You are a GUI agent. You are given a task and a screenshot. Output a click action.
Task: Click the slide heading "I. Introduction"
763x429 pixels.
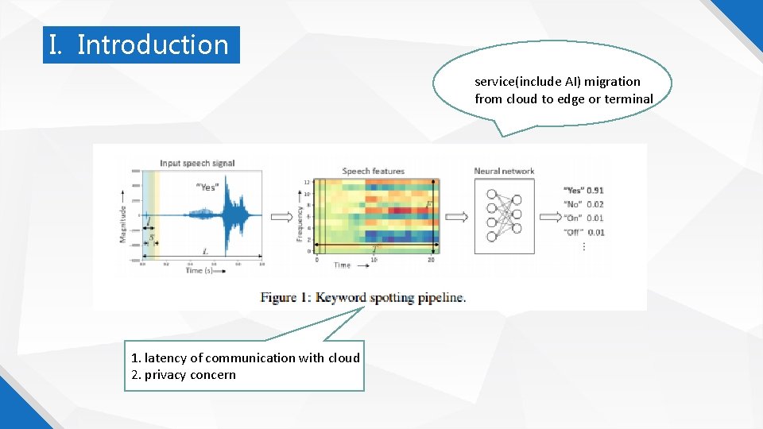[x=141, y=44]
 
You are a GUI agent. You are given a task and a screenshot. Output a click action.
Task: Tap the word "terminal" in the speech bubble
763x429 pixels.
[x=628, y=99]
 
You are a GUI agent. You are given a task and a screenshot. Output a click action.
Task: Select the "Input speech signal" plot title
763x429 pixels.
[x=197, y=163]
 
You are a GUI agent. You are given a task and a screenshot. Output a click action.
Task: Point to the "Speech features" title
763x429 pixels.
[x=373, y=171]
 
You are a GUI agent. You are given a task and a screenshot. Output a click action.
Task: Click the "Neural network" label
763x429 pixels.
[x=504, y=171]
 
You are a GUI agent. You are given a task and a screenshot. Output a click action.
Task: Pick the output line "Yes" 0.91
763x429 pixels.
[x=583, y=191]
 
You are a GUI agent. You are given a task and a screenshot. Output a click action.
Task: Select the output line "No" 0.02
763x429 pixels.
[x=583, y=204]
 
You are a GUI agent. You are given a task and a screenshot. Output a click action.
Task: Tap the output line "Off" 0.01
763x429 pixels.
[x=583, y=232]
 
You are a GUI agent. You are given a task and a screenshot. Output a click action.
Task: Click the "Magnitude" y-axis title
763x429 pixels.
[x=123, y=223]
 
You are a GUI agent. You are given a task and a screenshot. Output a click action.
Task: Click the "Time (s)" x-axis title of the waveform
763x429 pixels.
[x=199, y=271]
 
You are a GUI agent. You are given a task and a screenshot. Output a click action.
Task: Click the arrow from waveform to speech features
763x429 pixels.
[x=281, y=216]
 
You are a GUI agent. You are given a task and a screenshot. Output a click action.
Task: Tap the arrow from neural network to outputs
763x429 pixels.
[x=549, y=216]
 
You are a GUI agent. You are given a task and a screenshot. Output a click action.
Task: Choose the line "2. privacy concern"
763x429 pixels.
[x=184, y=375]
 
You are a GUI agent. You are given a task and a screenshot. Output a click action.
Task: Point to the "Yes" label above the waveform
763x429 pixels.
[x=207, y=187]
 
